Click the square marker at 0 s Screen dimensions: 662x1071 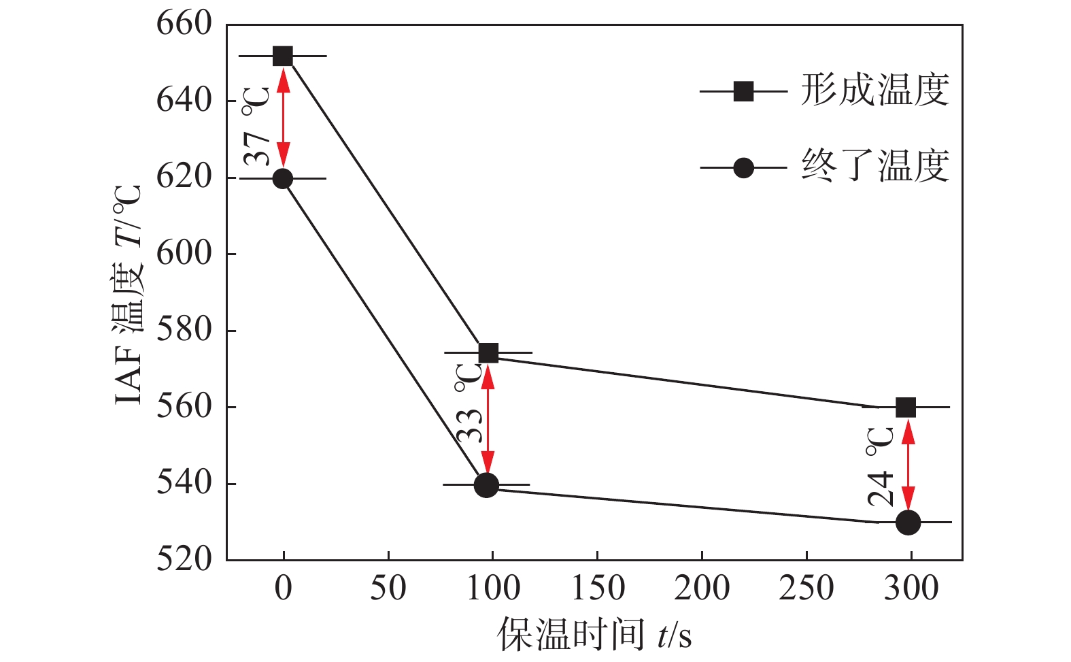click(283, 56)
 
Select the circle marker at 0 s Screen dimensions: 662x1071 click(283, 179)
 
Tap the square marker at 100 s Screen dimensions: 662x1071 click(488, 353)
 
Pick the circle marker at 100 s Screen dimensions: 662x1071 click(486, 485)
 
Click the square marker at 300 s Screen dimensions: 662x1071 click(906, 408)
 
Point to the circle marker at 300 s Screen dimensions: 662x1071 click(908, 523)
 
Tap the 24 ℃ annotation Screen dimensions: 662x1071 click(881, 467)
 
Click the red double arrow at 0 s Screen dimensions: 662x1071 click(284, 117)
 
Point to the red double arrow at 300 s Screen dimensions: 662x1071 click(908, 465)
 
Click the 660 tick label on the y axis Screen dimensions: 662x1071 click(184, 24)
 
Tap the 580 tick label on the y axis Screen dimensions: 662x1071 click(184, 330)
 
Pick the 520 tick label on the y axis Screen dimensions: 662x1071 click(184, 559)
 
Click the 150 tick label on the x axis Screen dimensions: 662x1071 click(597, 588)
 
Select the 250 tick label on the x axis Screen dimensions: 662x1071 click(806, 588)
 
